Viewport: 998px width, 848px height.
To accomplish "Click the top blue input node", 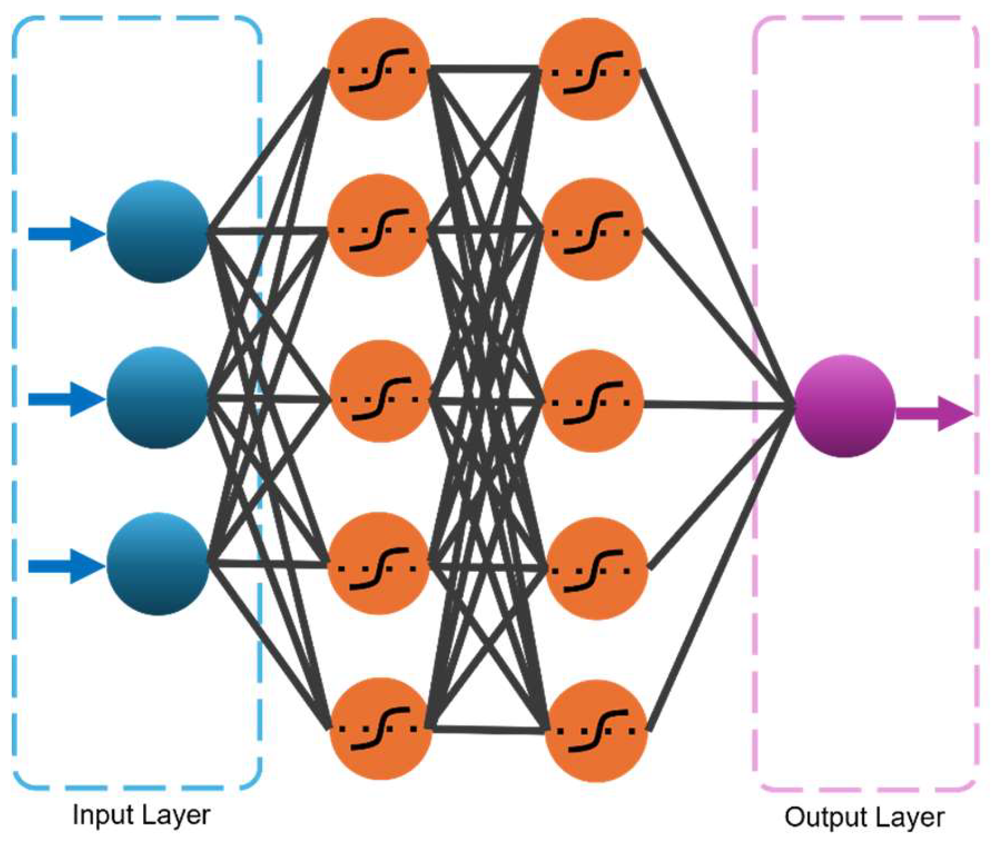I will click(157, 232).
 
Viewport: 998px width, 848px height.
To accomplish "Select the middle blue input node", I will click(157, 398).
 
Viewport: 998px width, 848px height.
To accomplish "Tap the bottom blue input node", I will click(157, 564).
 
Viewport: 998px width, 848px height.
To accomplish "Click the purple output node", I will click(844, 406).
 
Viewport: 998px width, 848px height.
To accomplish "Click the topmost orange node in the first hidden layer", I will click(379, 69).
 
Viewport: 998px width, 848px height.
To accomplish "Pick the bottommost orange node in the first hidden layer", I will click(380, 729).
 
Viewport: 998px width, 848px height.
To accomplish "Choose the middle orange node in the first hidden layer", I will click(380, 392).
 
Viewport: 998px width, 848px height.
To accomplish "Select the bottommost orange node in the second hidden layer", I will click(596, 731).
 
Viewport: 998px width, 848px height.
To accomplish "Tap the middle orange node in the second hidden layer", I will click(592, 401).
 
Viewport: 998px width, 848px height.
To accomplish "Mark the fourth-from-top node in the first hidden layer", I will click(379, 564).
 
